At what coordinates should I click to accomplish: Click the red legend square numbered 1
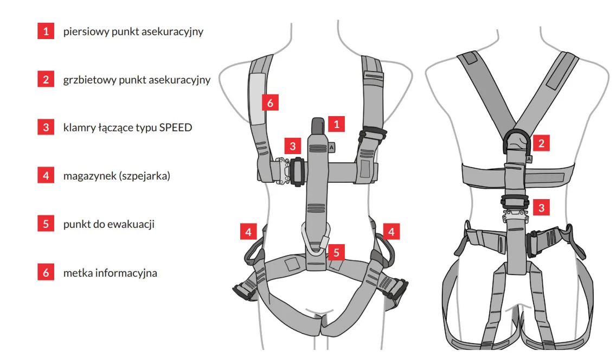click(x=46, y=31)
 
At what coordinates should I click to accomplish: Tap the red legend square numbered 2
click(x=46, y=79)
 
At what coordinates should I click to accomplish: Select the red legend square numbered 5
click(x=46, y=224)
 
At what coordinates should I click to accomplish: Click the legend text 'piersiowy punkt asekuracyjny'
click(x=133, y=31)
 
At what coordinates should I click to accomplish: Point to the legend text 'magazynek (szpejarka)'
click(x=117, y=176)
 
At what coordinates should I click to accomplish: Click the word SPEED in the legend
click(x=176, y=128)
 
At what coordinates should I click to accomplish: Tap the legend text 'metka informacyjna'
click(x=110, y=272)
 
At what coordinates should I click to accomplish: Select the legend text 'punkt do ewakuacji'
click(x=108, y=224)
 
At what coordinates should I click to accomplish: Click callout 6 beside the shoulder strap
click(x=269, y=101)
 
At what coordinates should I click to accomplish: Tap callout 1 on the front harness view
click(x=336, y=124)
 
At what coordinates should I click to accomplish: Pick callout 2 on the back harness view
click(x=541, y=143)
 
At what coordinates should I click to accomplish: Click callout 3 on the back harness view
click(x=541, y=207)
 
